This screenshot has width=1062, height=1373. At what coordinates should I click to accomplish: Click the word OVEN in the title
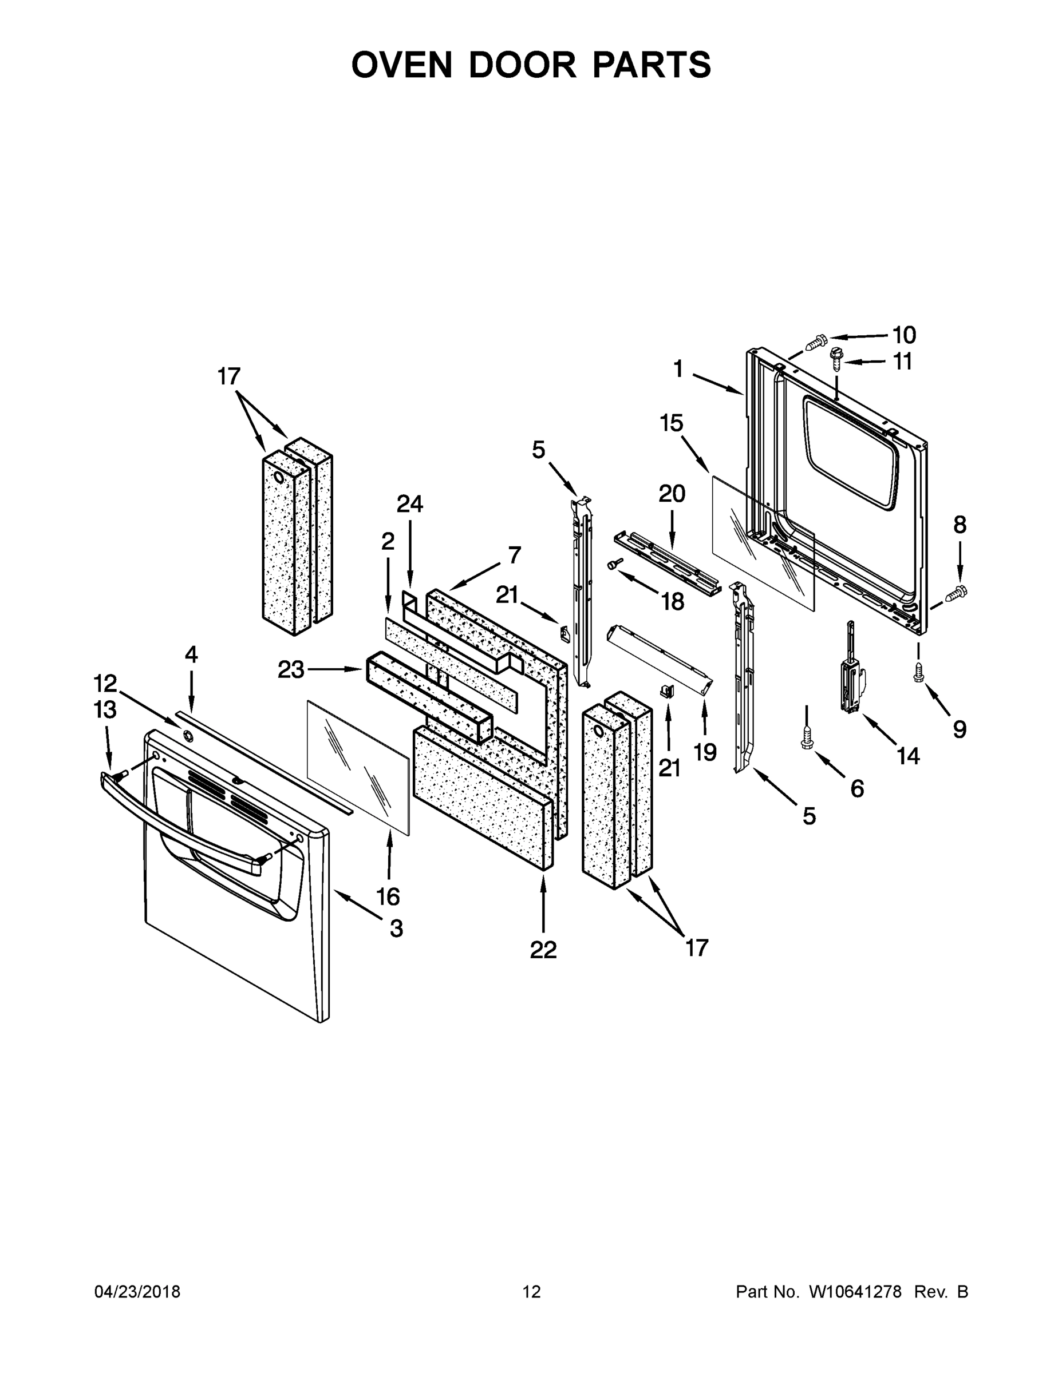pyautogui.click(x=401, y=65)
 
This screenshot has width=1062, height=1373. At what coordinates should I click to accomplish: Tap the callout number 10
pyautogui.click(x=904, y=335)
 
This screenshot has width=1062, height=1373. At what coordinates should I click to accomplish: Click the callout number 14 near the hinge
pyautogui.click(x=908, y=756)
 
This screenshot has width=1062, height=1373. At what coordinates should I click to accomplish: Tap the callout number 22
pyautogui.click(x=543, y=950)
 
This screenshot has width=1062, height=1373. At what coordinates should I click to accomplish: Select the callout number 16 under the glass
pyautogui.click(x=388, y=896)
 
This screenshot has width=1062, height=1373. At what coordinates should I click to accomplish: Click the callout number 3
pyautogui.click(x=396, y=928)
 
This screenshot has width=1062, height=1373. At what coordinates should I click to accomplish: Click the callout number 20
pyautogui.click(x=672, y=494)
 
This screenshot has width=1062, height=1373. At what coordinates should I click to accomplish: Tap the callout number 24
pyautogui.click(x=409, y=503)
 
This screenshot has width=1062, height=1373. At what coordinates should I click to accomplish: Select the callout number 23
pyautogui.click(x=291, y=670)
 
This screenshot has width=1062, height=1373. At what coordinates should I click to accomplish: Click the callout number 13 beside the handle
pyautogui.click(x=105, y=710)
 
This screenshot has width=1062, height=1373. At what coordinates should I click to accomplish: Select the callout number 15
pyautogui.click(x=672, y=423)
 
